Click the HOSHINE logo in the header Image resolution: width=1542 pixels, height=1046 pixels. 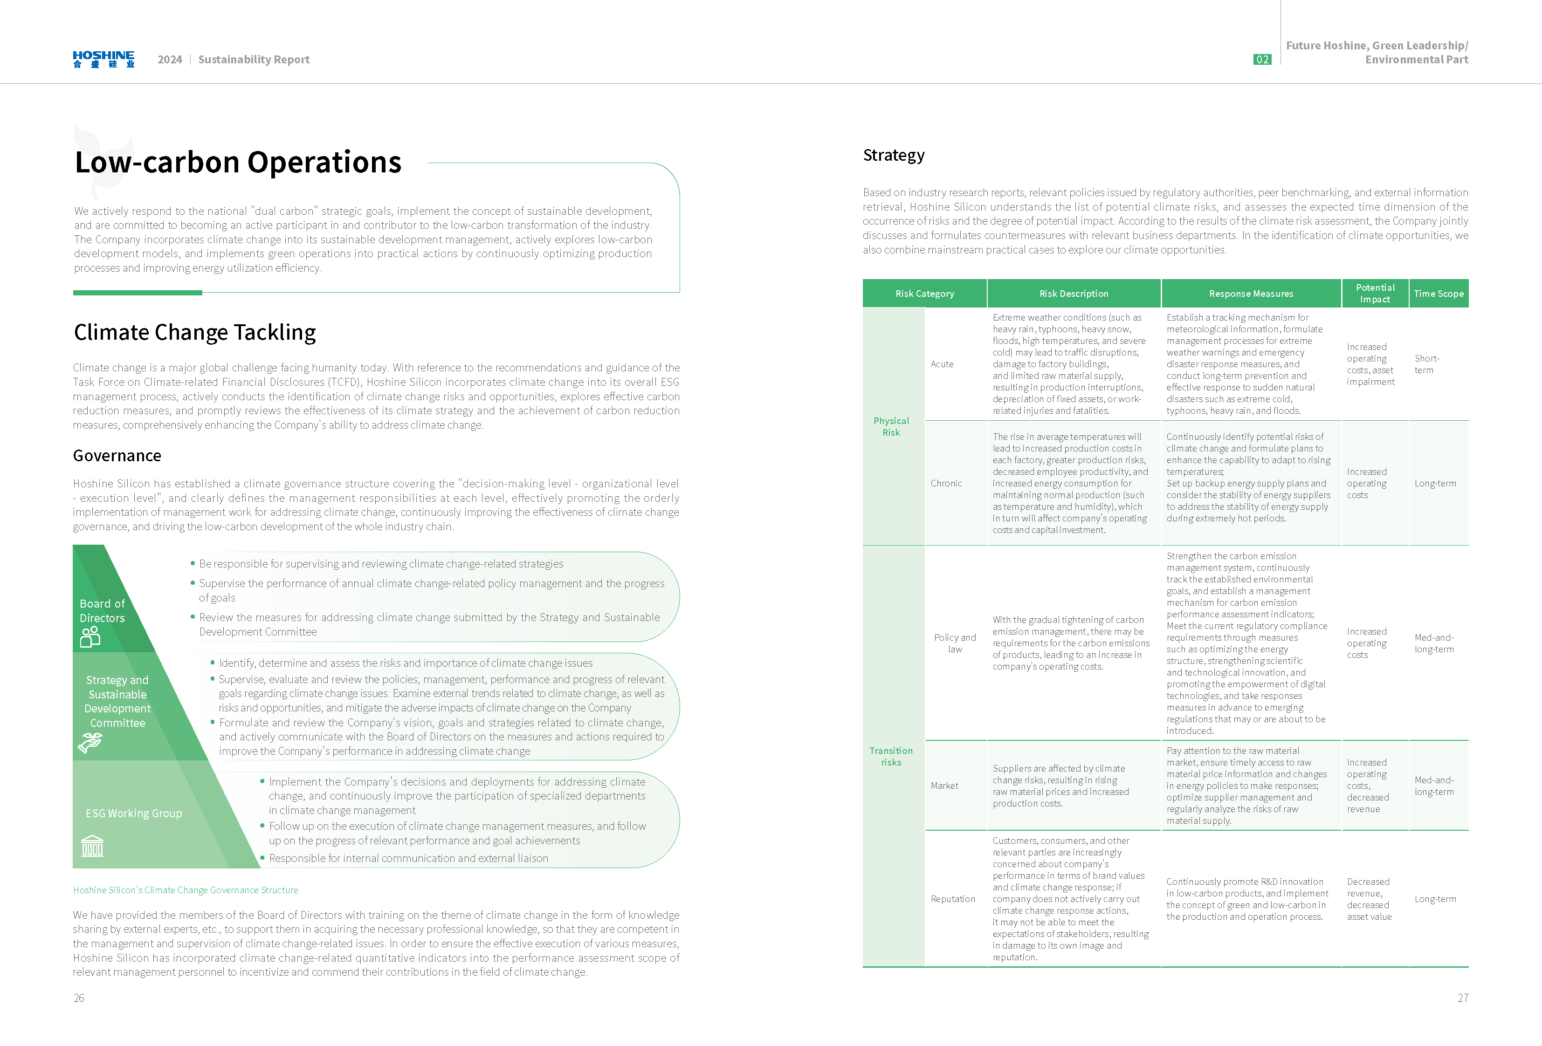(x=103, y=59)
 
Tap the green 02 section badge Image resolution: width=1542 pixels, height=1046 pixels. (x=1262, y=60)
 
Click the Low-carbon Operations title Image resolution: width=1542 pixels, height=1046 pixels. (x=238, y=163)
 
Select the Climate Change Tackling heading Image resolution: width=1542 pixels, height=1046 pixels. (x=194, y=332)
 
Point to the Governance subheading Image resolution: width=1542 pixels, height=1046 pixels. (x=117, y=456)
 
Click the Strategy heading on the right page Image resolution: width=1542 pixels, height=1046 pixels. (x=893, y=155)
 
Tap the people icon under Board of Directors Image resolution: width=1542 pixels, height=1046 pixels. (x=90, y=637)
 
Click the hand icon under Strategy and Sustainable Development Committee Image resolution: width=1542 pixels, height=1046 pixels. (x=90, y=743)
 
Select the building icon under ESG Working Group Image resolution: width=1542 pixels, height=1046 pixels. (x=92, y=846)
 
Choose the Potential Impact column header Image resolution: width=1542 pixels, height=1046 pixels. (x=1375, y=293)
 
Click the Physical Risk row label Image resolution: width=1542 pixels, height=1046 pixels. (x=891, y=426)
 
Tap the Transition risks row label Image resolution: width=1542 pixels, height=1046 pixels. (x=891, y=756)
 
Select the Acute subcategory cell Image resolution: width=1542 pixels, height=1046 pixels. (x=942, y=364)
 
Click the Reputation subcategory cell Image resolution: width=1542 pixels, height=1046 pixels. (x=953, y=899)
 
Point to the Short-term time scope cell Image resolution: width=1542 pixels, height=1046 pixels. (x=1426, y=364)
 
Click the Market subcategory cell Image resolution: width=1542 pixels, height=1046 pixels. (x=944, y=786)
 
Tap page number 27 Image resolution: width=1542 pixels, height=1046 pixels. (x=1462, y=998)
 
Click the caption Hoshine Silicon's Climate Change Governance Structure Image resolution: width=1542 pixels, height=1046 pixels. (x=185, y=890)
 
